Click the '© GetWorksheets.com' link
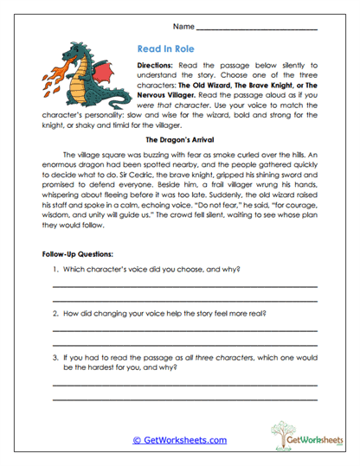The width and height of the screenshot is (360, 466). (x=179, y=440)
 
